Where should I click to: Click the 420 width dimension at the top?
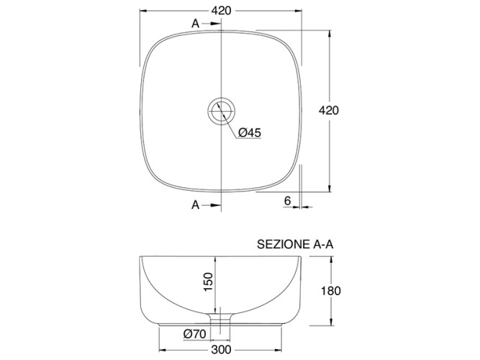(221, 11)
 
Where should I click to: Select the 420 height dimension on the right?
(328, 111)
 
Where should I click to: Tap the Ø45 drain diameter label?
(249, 132)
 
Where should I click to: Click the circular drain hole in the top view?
(221, 111)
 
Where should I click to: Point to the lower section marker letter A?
(195, 205)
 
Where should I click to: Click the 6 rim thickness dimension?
(286, 200)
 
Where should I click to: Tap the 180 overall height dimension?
(330, 291)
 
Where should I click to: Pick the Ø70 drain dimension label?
(195, 333)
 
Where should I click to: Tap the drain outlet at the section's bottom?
(220, 318)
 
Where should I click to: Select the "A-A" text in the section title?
(323, 245)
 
